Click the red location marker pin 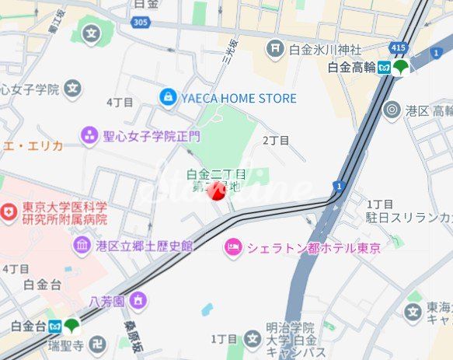218,191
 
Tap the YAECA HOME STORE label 239,98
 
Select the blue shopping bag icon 167,97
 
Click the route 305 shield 140,23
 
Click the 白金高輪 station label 351,68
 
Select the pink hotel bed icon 232,248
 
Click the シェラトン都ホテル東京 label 313,248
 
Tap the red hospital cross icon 9,211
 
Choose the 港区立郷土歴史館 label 144,246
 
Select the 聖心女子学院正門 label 152,136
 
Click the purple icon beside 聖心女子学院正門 90,136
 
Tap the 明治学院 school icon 253,338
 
